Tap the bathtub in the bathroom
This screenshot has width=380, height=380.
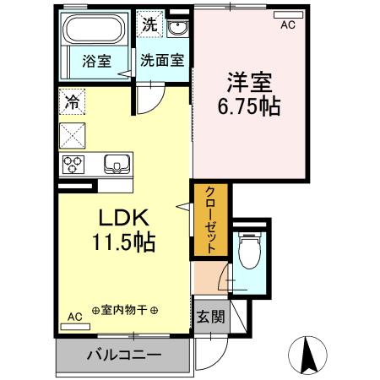click(95, 31)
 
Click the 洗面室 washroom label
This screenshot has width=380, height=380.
click(161, 61)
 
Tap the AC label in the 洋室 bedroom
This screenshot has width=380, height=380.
click(288, 26)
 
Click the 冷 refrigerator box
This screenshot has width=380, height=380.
click(70, 103)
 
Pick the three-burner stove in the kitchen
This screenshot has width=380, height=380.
click(71, 163)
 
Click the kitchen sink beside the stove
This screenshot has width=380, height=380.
click(113, 163)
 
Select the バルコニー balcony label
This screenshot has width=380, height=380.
click(123, 356)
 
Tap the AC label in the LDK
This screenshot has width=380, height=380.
click(74, 317)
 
